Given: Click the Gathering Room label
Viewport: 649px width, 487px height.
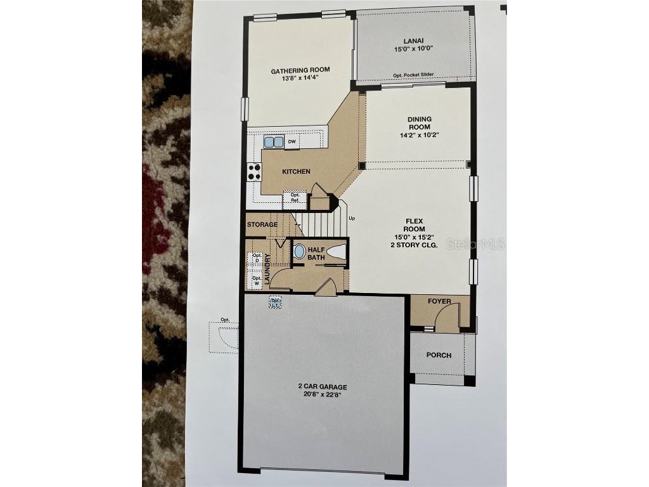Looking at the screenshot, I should tap(300, 70).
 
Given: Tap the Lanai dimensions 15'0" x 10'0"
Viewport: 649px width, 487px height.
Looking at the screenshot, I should tap(413, 48).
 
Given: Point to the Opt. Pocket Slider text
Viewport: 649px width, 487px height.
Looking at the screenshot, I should tap(413, 75).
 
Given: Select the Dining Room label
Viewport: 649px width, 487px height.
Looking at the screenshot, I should tap(419, 123).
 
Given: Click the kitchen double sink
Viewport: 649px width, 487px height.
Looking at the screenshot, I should tap(274, 142).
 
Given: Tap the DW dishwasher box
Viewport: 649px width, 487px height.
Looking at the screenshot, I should tap(292, 142).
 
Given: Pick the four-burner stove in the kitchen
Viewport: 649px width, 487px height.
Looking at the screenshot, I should tap(254, 171).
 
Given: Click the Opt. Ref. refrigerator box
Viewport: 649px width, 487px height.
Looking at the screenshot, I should tap(295, 198).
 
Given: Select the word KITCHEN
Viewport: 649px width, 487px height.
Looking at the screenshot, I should tap(296, 171).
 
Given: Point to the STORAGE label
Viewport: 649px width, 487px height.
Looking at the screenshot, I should tap(262, 224).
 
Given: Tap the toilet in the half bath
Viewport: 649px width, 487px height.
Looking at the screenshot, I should tap(337, 251).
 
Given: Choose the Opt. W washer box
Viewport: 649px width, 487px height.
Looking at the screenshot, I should tap(257, 280).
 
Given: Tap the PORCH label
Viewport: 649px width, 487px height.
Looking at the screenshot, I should tap(439, 355).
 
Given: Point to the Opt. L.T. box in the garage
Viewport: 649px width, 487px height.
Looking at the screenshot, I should tap(275, 304).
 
